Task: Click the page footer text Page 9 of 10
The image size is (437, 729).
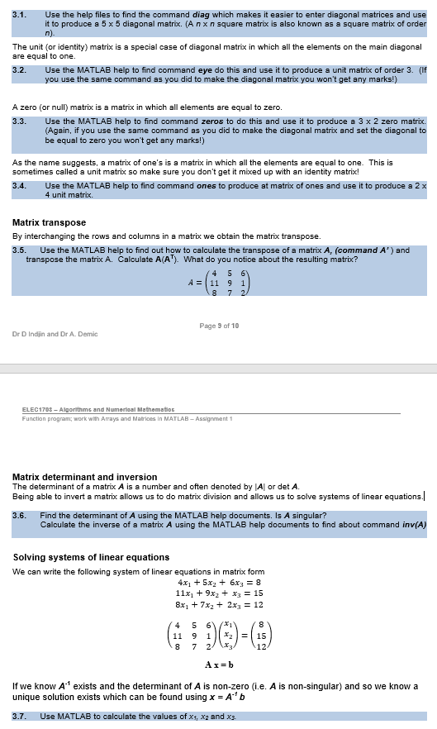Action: coord(220,326)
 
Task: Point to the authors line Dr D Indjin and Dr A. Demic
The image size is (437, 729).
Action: coord(55,334)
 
